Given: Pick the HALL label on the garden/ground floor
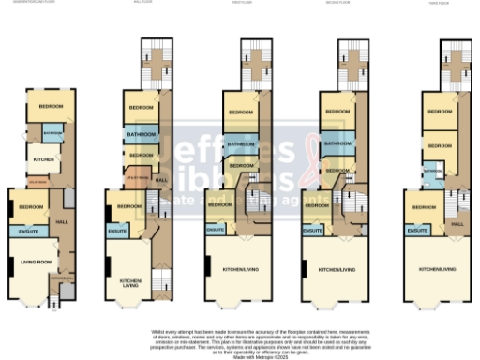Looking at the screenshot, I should pos(63,221).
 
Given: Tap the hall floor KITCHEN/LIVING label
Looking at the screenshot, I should pos(128,282).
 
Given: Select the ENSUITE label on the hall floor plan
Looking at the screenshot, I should pos(118,230).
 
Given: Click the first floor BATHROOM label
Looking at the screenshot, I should pos(241,144).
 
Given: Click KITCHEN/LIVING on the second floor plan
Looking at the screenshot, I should pos(337,269).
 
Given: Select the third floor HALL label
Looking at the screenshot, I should pos(457,224).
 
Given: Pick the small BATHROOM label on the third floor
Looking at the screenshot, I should pos(433,172).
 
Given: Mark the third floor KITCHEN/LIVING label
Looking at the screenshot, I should pos(438,269).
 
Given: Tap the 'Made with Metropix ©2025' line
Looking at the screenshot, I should pos(239,354).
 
